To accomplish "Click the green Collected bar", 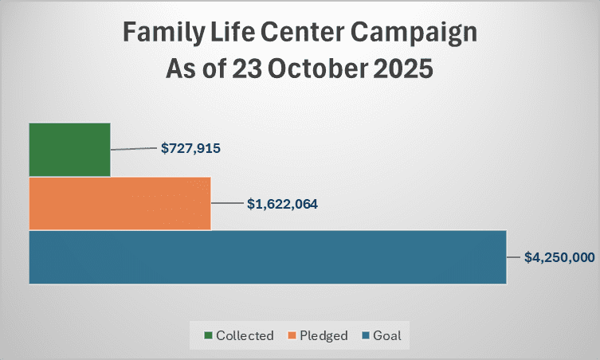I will click(x=69, y=150).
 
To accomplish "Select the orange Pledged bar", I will click(x=120, y=203).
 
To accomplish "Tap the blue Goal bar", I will click(x=267, y=256).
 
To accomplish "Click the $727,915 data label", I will click(x=190, y=148).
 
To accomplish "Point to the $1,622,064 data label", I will click(x=282, y=204).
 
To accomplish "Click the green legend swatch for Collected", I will click(x=209, y=335).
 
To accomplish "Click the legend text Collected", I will click(x=245, y=335).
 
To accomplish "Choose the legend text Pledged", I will click(x=323, y=335).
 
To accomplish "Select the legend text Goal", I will click(x=387, y=335).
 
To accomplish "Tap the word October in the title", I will click(x=317, y=69).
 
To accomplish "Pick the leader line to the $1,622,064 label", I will click(x=228, y=204).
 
